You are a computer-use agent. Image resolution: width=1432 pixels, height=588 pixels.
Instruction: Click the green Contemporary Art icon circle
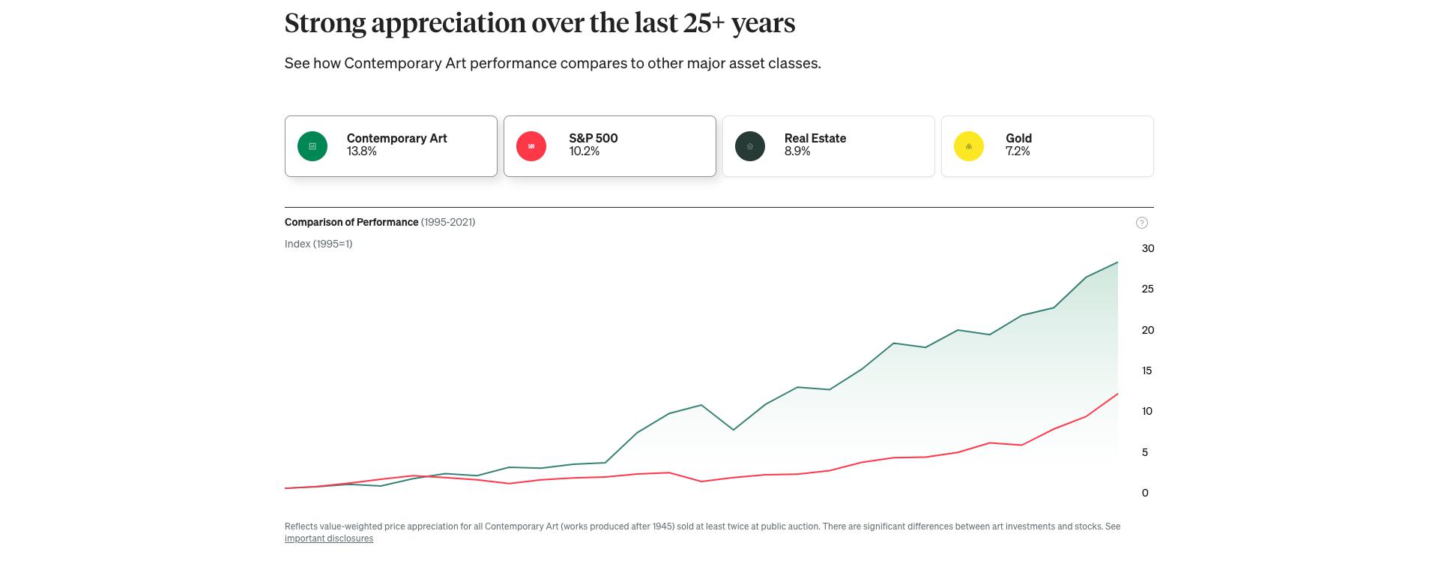[x=312, y=146]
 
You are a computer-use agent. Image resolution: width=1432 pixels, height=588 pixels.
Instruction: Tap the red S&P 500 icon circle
[x=531, y=146]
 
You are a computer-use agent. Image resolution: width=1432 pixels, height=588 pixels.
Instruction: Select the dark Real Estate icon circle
[x=750, y=146]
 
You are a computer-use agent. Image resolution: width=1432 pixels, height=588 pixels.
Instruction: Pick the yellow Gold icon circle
[x=969, y=146]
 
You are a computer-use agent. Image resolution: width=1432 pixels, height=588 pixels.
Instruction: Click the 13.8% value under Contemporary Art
[x=362, y=151]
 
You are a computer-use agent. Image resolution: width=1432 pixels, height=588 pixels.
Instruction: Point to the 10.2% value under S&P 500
[x=584, y=151]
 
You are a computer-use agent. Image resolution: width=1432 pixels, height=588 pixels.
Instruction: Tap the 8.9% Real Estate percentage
[x=797, y=151]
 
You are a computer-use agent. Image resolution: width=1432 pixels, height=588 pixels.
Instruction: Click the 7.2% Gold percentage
[x=1018, y=151]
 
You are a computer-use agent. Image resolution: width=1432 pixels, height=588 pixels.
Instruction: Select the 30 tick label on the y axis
[x=1147, y=248]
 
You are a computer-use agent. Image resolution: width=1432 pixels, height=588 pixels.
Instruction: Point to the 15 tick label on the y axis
[x=1146, y=370]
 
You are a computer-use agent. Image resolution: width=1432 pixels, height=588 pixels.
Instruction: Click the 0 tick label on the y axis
[x=1145, y=493]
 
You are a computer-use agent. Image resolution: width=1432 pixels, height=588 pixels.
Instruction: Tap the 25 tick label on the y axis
[x=1147, y=289]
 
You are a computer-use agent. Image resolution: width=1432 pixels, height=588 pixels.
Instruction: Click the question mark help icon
[x=1141, y=223]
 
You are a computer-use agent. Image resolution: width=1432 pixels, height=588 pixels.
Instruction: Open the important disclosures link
[x=329, y=538]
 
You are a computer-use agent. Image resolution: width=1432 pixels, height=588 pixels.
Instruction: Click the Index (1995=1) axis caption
[x=318, y=244]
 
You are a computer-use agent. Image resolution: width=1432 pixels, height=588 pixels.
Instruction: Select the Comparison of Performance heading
[x=351, y=222]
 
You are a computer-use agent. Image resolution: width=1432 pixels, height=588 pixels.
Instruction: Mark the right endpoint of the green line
[x=1117, y=262]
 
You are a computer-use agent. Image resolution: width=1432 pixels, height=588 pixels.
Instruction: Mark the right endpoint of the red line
[x=1117, y=394]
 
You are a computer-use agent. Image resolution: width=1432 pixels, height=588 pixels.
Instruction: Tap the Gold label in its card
[x=1018, y=138]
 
